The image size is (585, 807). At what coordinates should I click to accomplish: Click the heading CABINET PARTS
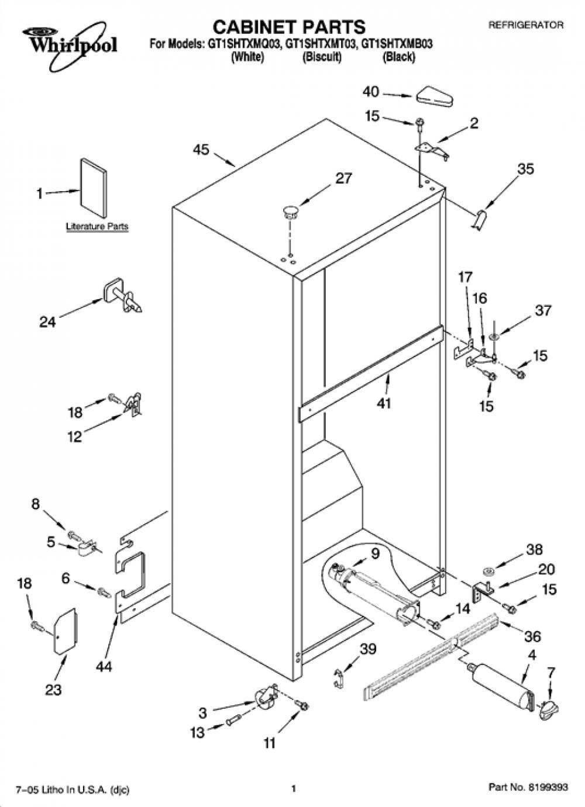(289, 27)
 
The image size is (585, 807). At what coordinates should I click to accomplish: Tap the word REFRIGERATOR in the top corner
(525, 25)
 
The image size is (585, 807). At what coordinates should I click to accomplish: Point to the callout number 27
(343, 178)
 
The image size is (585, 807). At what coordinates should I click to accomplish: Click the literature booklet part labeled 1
(94, 188)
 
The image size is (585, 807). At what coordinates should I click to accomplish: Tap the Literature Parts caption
(97, 227)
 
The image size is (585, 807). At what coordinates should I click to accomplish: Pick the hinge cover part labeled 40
(435, 96)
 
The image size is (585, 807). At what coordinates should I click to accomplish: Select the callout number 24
(48, 322)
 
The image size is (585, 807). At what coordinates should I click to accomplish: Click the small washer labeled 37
(494, 337)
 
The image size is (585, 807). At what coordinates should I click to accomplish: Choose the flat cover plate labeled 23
(66, 631)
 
